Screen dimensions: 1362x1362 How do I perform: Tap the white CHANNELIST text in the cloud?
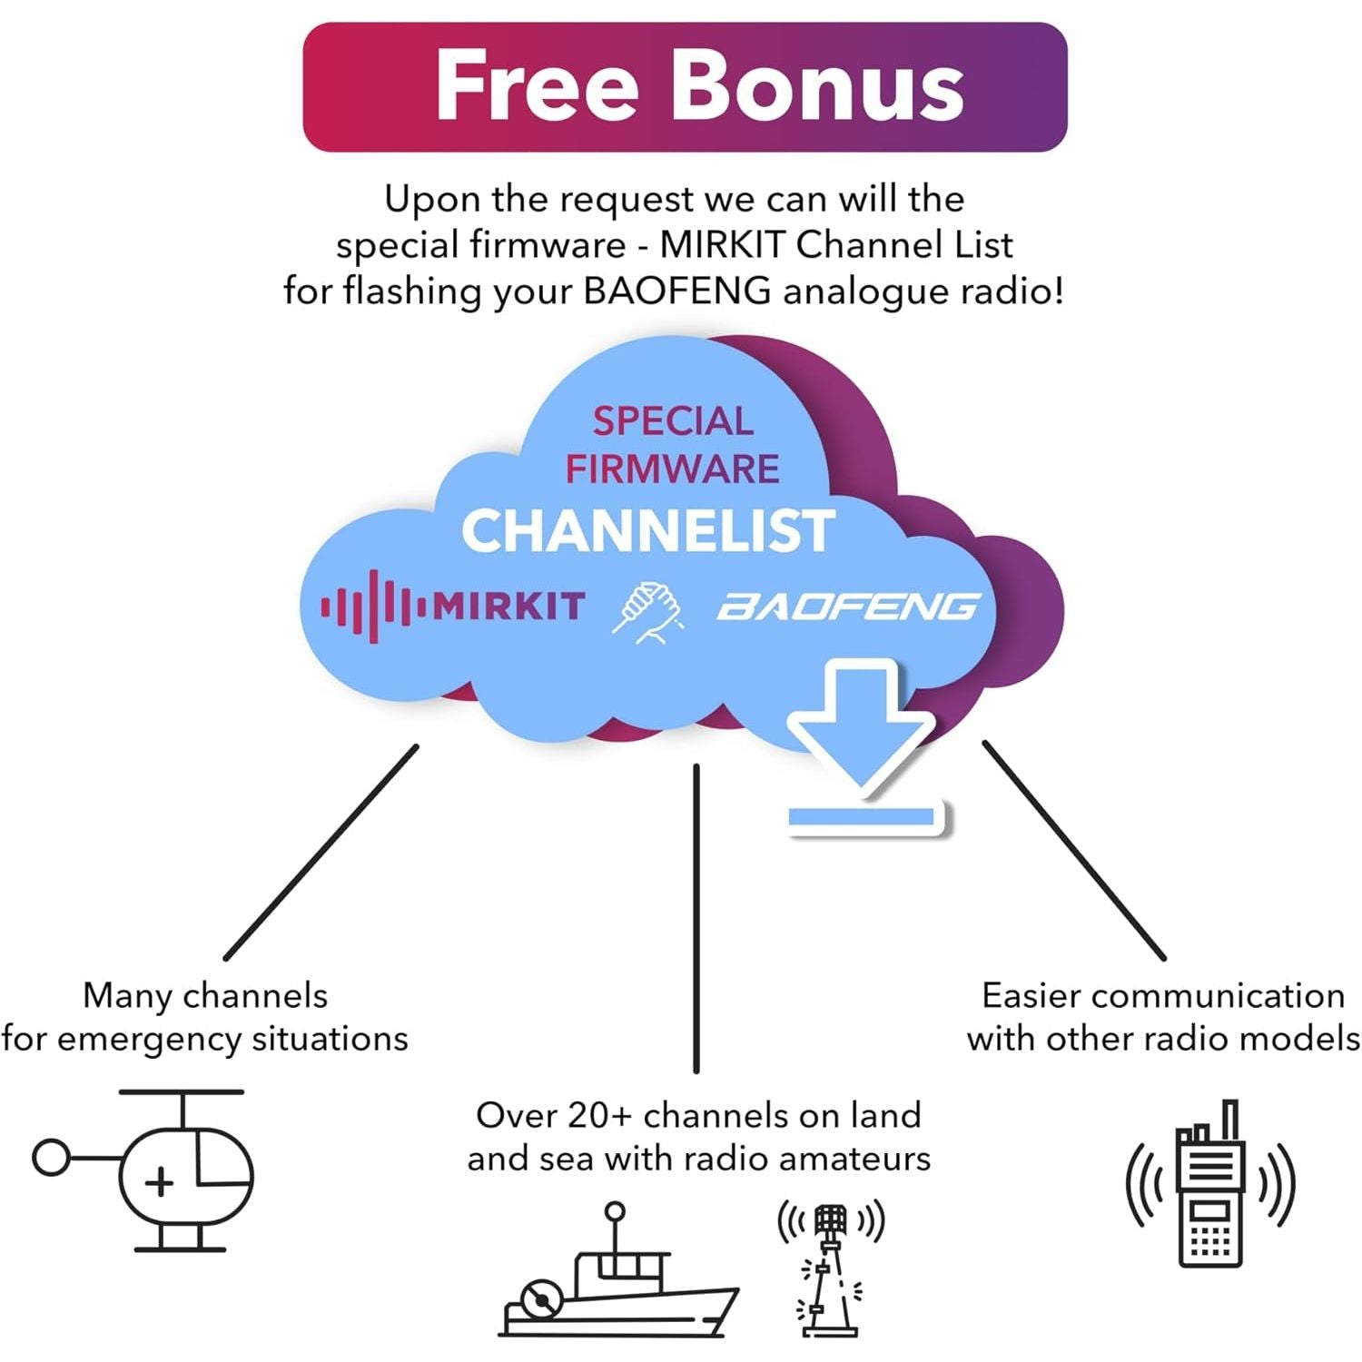(647, 530)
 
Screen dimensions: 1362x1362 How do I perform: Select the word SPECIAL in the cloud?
(673, 420)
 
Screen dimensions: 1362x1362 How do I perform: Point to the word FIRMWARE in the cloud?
(672, 469)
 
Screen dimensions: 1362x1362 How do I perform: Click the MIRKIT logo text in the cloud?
(508, 606)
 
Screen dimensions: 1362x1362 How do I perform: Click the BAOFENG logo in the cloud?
(848, 607)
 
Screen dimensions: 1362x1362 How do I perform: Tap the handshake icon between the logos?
(647, 612)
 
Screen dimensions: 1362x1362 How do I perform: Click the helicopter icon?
(145, 1171)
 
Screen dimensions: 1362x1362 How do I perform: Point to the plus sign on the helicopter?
(159, 1182)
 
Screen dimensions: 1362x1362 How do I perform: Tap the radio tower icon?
(830, 1268)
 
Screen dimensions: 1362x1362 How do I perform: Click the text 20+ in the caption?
(599, 1115)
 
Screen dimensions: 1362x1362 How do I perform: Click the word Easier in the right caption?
(1031, 996)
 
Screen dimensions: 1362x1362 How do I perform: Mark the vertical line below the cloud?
(696, 917)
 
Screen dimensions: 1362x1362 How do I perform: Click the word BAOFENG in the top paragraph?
(676, 291)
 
